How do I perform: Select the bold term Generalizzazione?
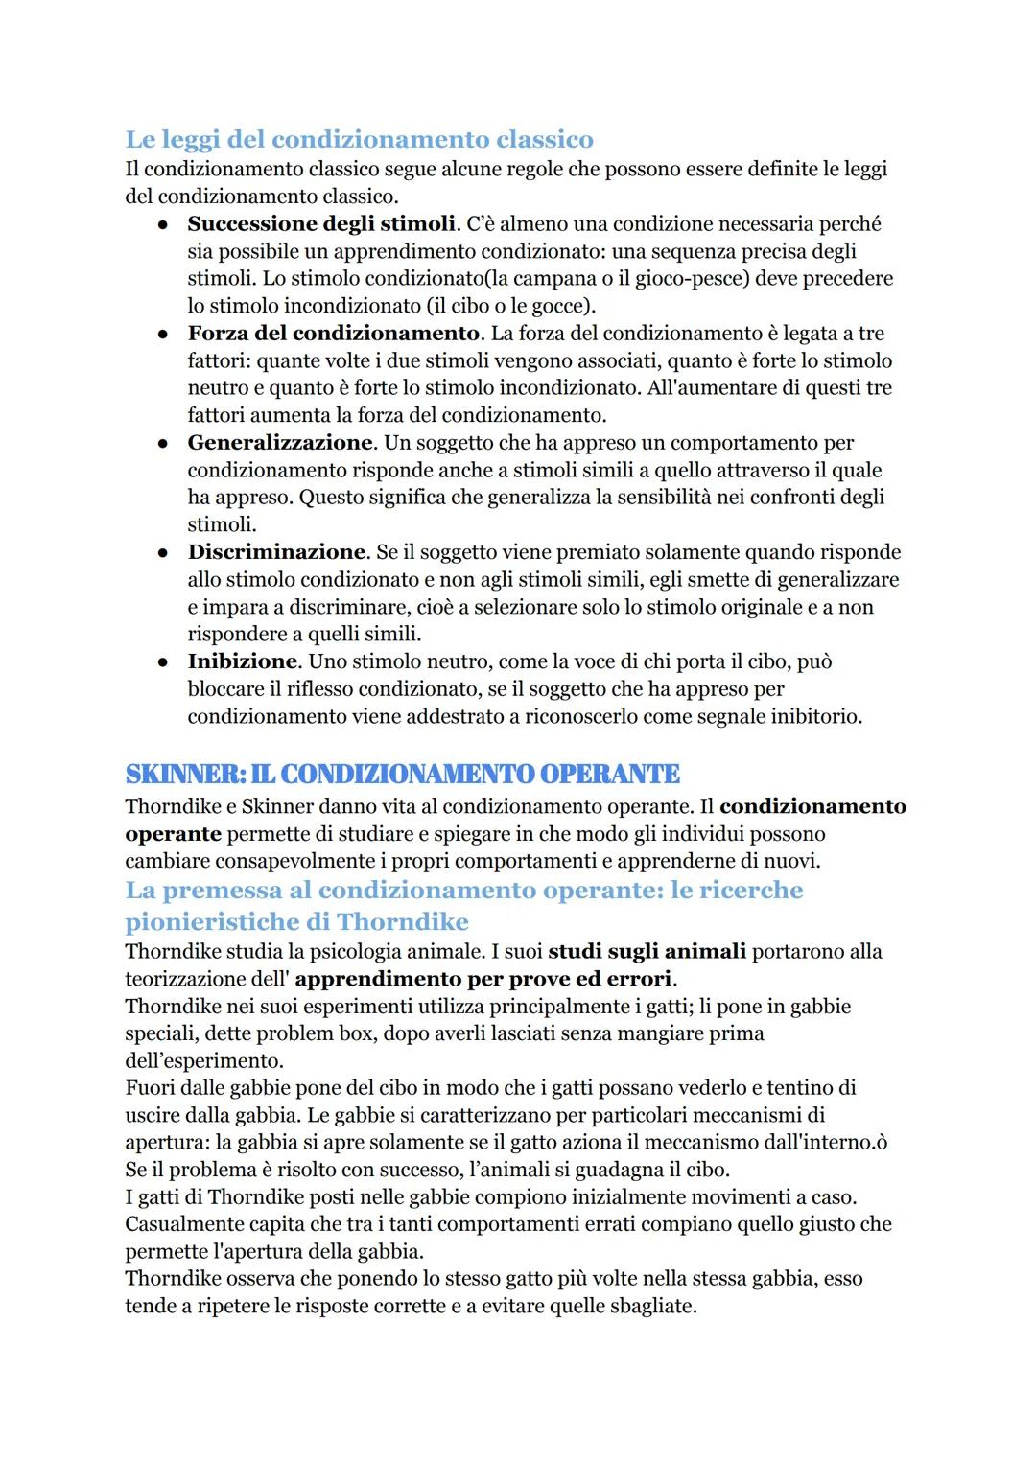click(x=279, y=443)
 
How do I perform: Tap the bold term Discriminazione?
click(x=276, y=552)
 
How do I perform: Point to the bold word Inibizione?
click(x=242, y=661)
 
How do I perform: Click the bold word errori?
click(x=639, y=979)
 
